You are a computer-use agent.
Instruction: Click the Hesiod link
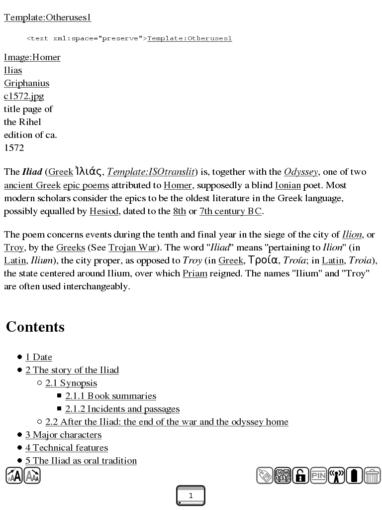tap(104, 211)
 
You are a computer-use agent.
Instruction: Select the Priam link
tap(195, 274)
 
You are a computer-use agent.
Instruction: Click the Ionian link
tap(288, 185)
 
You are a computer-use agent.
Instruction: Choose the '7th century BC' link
tap(230, 211)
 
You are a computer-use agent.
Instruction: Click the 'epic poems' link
tap(86, 185)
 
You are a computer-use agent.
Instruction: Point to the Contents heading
tap(35, 327)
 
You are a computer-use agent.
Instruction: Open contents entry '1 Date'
tap(39, 357)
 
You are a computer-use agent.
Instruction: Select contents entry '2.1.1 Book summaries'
tap(110, 396)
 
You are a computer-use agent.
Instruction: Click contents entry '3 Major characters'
tap(63, 435)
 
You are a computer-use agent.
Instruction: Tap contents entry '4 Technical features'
tap(67, 448)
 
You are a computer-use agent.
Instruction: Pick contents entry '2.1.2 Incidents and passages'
tap(122, 409)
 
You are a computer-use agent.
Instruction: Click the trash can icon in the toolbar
tap(372, 476)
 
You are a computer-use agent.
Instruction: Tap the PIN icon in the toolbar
tap(318, 476)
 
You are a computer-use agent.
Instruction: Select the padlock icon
tap(300, 476)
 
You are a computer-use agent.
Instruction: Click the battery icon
tap(354, 476)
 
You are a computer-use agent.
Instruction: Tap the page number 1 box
tap(191, 496)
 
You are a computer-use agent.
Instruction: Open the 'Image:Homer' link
tap(32, 58)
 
